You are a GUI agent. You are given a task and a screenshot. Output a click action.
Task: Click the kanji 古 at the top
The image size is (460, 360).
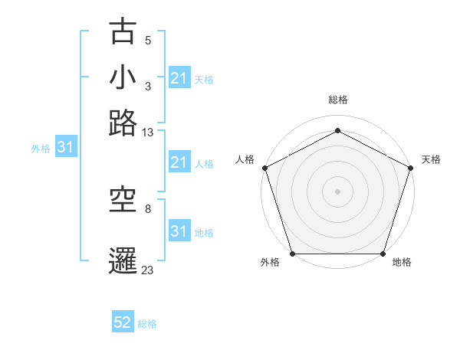point(123,33)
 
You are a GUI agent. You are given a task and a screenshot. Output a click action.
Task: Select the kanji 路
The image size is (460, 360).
point(123,123)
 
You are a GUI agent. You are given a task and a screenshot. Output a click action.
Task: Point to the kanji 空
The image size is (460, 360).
point(123,200)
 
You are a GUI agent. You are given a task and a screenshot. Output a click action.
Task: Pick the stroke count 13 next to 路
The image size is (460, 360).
point(148,133)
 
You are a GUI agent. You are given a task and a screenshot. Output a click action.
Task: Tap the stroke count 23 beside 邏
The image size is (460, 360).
point(148,270)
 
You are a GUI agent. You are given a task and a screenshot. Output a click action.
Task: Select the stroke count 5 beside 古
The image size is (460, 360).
point(148,41)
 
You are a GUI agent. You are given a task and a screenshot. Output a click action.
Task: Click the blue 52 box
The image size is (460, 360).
point(123,323)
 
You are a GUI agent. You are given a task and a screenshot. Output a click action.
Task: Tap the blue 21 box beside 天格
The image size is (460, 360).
point(179,78)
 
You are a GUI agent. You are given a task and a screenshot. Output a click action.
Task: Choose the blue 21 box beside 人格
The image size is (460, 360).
point(179,162)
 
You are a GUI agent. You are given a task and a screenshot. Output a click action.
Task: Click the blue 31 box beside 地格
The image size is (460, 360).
point(179,231)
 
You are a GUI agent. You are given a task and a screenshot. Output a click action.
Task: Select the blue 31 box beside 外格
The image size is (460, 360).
point(65,147)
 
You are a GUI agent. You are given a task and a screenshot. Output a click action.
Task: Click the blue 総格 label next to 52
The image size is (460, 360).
point(147,324)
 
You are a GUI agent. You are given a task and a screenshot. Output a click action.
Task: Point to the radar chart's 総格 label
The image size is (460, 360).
point(337,100)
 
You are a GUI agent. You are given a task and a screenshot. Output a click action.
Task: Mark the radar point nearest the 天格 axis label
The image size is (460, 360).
point(411,168)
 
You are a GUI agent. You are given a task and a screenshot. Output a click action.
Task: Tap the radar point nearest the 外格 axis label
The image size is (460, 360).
point(292,254)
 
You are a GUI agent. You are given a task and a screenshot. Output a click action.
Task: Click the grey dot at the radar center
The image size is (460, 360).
point(337,191)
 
